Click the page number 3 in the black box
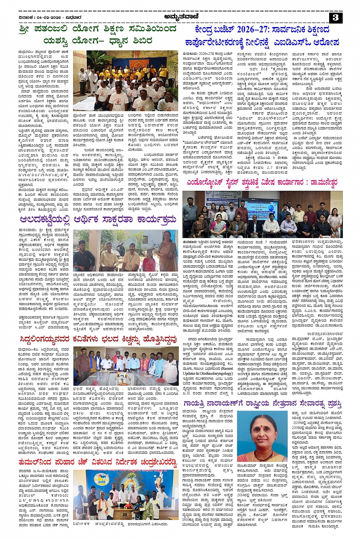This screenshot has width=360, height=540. click(335, 18)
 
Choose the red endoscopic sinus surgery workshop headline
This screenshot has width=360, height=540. click(262, 182)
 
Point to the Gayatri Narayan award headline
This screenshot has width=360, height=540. click(262, 403)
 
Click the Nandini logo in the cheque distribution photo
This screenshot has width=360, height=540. click(101, 479)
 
